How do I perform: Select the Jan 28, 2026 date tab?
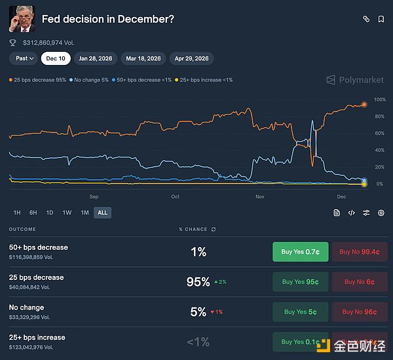tap(95, 58)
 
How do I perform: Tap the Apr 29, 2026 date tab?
tap(191, 58)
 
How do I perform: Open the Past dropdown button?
tap(24, 58)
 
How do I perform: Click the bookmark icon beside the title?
tap(381, 20)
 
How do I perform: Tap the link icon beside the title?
tap(366, 20)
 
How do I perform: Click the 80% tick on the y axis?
tap(379, 117)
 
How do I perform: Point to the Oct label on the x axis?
tap(175, 197)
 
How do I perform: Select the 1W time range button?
tap(67, 212)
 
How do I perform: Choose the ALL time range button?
tap(102, 212)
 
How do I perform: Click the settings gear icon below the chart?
tap(381, 212)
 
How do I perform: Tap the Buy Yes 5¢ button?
tap(301, 311)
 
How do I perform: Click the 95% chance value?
tap(198, 282)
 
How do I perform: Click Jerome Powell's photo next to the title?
tap(21, 19)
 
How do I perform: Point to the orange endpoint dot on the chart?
tap(364, 104)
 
